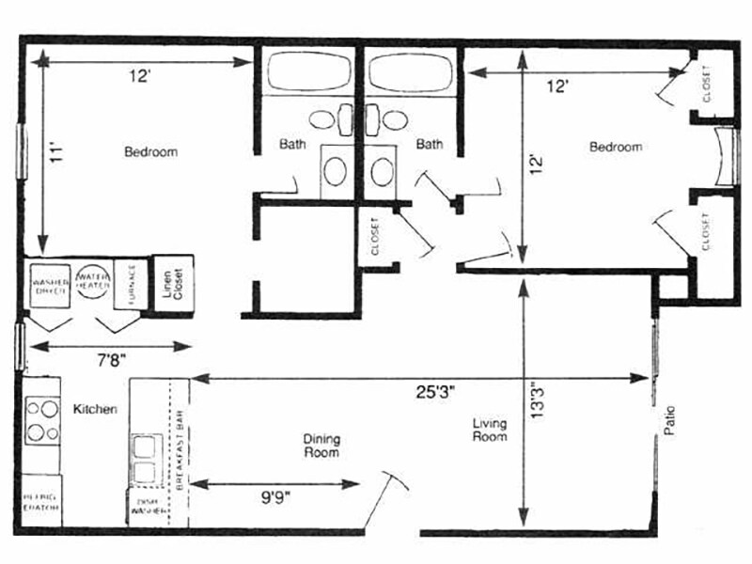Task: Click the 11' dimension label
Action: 55,151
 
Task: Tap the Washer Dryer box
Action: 51,284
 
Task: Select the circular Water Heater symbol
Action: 94,281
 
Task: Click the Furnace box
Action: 131,283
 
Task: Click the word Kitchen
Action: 95,410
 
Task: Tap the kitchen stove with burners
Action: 40,420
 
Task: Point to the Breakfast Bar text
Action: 179,448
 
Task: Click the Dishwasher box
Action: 148,508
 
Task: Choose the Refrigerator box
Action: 40,502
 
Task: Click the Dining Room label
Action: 321,446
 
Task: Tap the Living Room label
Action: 489,431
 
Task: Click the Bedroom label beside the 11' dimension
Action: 150,151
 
